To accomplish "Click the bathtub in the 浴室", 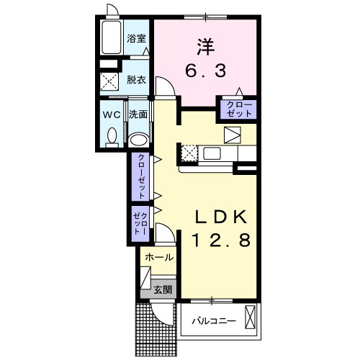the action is coord(111,37).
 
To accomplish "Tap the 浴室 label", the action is coord(136,38).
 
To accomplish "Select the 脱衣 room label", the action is coord(136,80).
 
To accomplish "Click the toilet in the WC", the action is coord(112,138).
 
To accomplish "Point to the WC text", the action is coord(112,115).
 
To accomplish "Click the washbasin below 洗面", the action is coord(138,140).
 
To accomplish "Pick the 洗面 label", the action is coord(138,114).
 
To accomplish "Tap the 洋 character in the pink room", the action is coord(206,47).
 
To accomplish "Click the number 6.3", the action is coord(206,71).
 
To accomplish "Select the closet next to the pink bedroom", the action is coord(238,109).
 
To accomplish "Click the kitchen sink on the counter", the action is coord(212,153).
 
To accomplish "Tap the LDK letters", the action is coord(221,217).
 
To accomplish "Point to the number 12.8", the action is coord(221,240).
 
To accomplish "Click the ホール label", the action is coord(159,258).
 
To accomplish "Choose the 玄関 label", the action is coord(163,290).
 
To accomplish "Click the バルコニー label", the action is coord(214,321).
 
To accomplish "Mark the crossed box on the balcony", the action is coord(251,318).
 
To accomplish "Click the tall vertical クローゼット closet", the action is coord(140,176).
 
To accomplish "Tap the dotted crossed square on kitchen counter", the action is coord(189,153).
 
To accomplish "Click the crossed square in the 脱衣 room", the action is coord(109,81).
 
